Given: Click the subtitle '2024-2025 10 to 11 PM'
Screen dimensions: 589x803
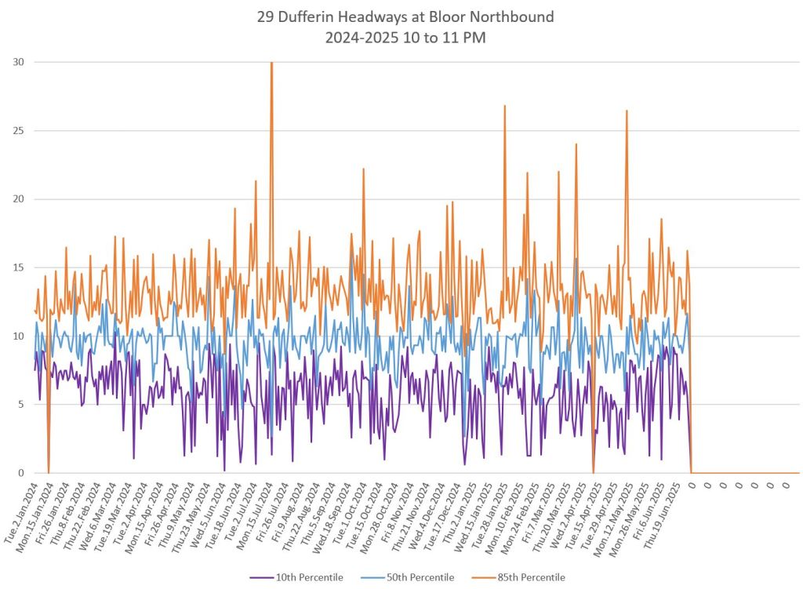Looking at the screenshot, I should [x=401, y=38].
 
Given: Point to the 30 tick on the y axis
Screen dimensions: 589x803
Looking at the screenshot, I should [x=16, y=62].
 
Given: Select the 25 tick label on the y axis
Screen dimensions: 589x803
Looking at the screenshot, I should [x=16, y=130].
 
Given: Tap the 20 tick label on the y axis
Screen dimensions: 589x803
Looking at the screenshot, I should [x=16, y=199].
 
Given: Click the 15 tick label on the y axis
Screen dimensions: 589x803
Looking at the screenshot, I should [x=16, y=267].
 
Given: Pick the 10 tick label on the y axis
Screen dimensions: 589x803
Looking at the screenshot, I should [x=16, y=336].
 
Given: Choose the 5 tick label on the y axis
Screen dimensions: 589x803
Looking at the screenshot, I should [x=20, y=405].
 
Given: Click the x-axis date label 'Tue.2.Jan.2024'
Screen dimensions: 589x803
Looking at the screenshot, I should [x=22, y=513].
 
